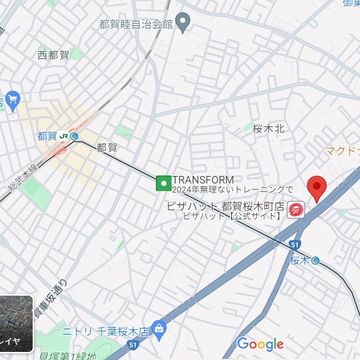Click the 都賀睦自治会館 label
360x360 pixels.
[136, 23]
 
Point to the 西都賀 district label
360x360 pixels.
[53, 55]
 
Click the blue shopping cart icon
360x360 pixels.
[12, 99]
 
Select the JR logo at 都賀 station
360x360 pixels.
[63, 136]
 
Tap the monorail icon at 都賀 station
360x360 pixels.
[74, 136]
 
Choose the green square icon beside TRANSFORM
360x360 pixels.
[163, 183]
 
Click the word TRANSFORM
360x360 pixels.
[203, 179]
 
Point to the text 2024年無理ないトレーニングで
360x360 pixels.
[232, 190]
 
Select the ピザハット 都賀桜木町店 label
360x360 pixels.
[226, 207]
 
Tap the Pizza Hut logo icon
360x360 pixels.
[295, 211]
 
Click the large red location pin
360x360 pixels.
[317, 188]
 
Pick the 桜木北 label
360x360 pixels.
[268, 129]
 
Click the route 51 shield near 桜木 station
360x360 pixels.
[296, 245]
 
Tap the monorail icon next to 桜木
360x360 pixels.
[315, 260]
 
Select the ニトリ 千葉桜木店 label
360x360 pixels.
[106, 331]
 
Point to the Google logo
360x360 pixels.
[260, 344]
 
